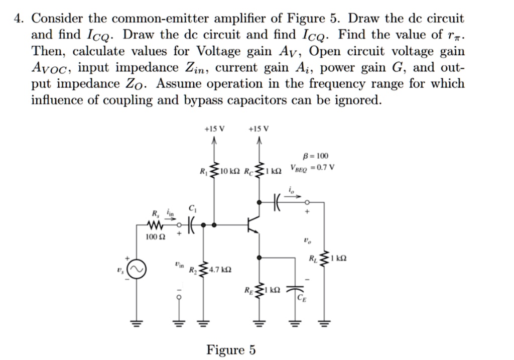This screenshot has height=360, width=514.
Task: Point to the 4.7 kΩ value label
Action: tap(221, 270)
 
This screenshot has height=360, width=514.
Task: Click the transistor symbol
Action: tap(254, 226)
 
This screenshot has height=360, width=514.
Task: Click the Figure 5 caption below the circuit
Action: tap(231, 349)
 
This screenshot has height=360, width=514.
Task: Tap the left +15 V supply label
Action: tap(214, 128)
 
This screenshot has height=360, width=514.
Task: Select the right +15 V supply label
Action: tap(259, 128)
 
